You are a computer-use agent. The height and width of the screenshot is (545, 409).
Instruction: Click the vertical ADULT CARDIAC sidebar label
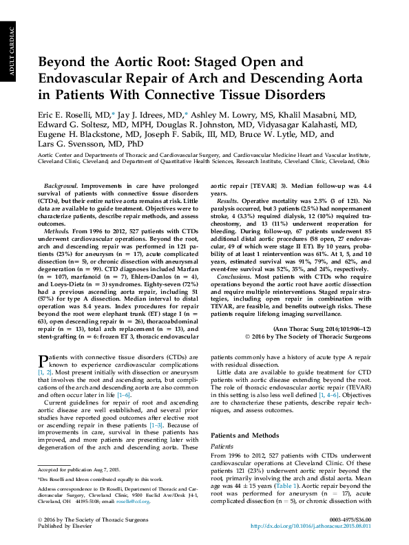[x=9, y=52]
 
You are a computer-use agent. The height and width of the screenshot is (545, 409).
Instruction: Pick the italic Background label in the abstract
[x=60, y=167]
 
